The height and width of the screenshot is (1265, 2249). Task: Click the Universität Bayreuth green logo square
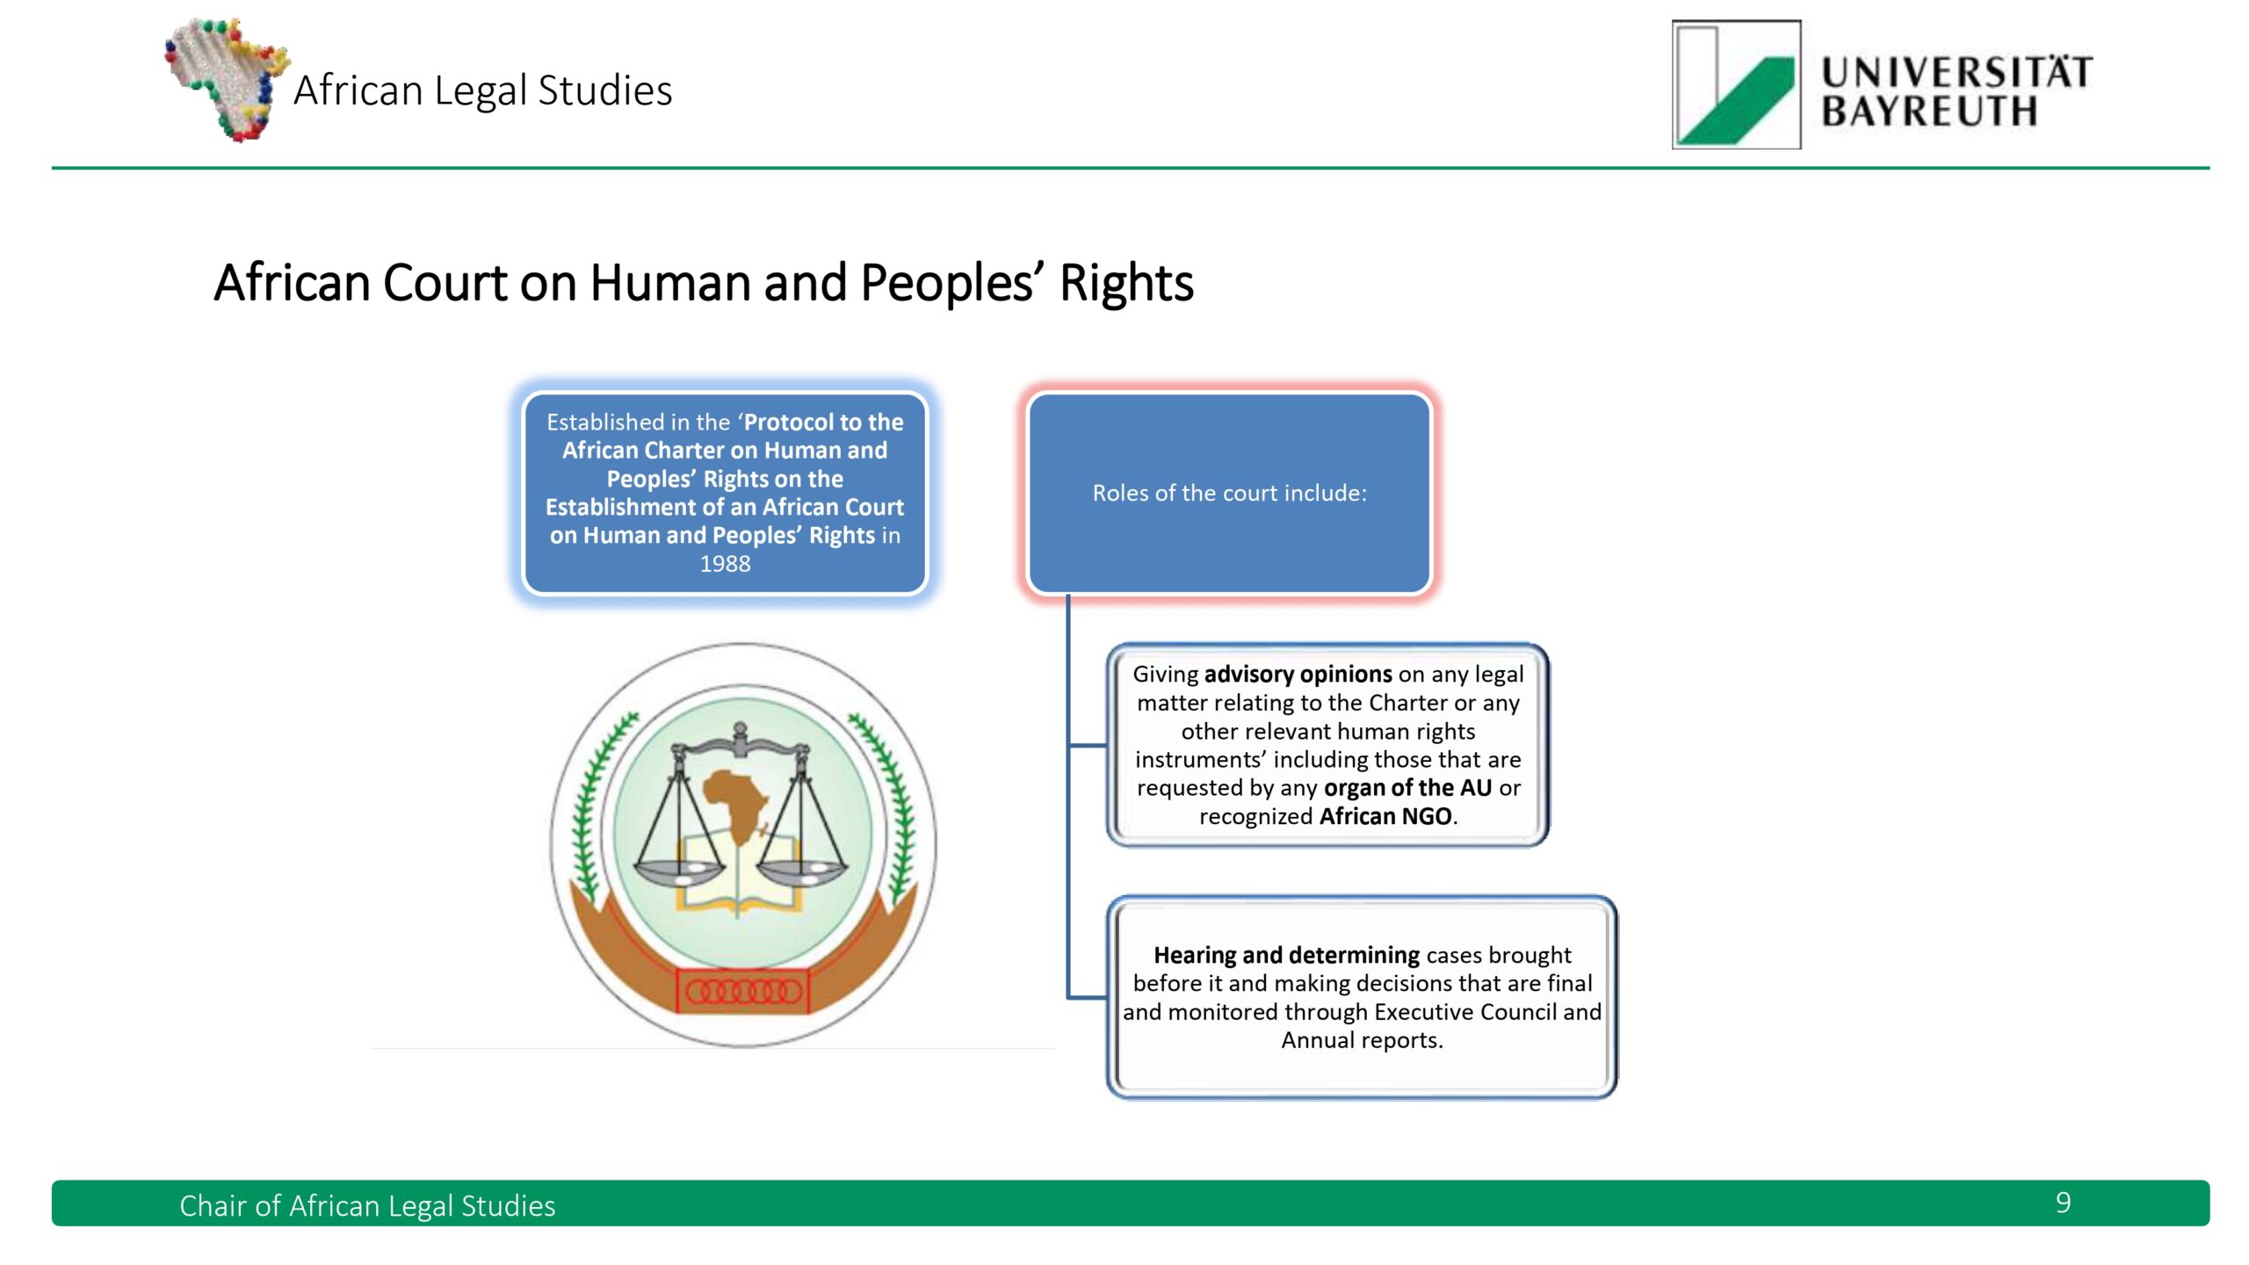pos(1736,84)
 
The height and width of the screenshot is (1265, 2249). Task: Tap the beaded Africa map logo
pos(227,79)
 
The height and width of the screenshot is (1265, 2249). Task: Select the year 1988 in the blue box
pos(725,564)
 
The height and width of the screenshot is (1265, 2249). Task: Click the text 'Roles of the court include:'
pos(1229,493)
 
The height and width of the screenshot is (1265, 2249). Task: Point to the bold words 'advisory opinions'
pos(1298,674)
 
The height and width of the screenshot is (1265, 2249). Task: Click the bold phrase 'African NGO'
pos(1385,816)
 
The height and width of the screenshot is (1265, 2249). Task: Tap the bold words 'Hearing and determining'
pos(1286,955)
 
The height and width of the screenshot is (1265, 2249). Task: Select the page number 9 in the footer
pos(2064,1203)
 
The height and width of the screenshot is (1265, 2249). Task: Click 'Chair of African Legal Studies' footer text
pos(367,1205)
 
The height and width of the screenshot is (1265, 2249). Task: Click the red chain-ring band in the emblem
pos(743,991)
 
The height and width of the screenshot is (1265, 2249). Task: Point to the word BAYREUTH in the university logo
pos(1928,112)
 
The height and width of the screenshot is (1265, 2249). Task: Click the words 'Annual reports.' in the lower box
pos(1362,1040)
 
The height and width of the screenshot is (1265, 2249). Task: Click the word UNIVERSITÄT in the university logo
pos(1956,71)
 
